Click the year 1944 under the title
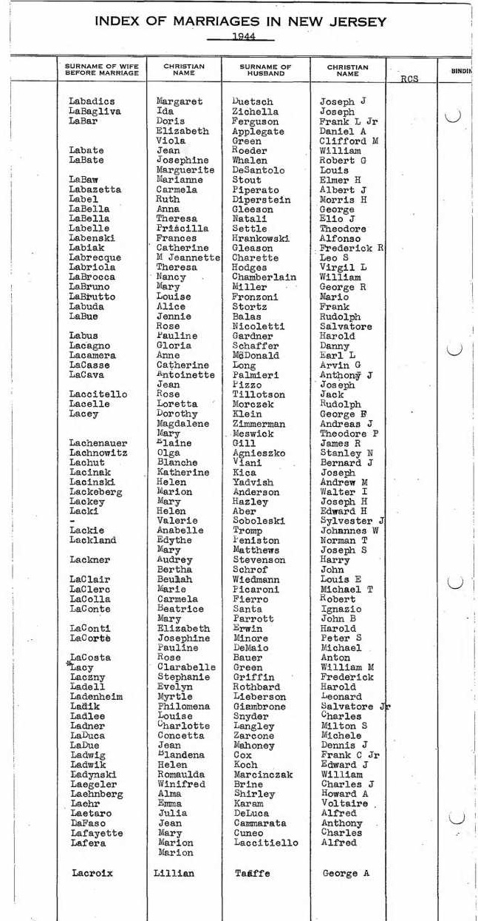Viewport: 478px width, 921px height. tap(239, 36)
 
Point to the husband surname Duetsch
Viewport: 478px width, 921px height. tap(252, 101)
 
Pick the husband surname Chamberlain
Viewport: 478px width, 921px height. tap(263, 277)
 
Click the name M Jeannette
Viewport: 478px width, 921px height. tap(188, 257)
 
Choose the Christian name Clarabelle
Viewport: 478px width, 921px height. tap(187, 667)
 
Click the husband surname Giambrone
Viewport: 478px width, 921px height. tap(260, 706)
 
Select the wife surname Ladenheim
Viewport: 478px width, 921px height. tap(96, 697)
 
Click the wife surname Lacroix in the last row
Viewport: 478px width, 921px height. tap(92, 873)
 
